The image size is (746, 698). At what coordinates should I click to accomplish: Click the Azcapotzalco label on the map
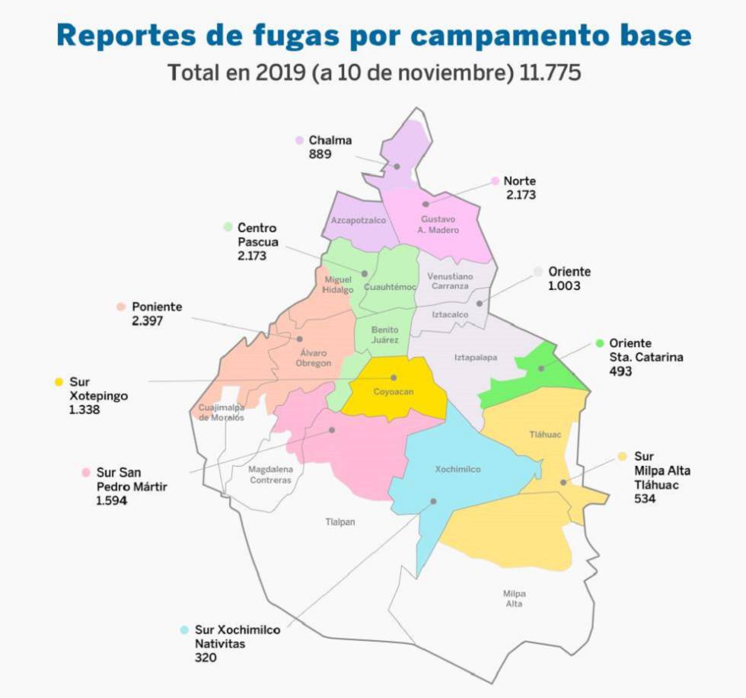[x=355, y=220]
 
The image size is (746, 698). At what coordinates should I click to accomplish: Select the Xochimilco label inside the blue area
[x=457, y=470]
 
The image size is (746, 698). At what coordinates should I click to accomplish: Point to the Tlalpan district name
[x=340, y=522]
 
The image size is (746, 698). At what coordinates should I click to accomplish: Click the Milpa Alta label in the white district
[x=514, y=598]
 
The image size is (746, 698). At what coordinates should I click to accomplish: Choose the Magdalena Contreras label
[x=270, y=475]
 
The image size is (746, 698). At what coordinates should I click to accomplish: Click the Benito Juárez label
[x=385, y=335]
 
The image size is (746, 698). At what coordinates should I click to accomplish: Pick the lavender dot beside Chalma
[x=299, y=140]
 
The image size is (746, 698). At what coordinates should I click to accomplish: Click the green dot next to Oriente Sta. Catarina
[x=599, y=343]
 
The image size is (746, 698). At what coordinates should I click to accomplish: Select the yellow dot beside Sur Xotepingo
[x=59, y=381]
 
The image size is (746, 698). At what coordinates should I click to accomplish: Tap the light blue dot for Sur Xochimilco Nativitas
[x=184, y=630]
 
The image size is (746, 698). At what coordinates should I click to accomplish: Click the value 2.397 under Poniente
[x=147, y=321]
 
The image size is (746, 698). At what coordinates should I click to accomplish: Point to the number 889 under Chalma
[x=320, y=154]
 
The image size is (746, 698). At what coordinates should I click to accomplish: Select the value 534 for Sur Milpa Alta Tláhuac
[x=644, y=499]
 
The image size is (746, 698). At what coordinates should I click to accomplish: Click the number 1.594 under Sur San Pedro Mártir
[x=112, y=500]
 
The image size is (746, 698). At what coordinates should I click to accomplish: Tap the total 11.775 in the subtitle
[x=551, y=73]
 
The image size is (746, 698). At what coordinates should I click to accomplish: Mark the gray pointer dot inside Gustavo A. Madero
[x=426, y=204]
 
